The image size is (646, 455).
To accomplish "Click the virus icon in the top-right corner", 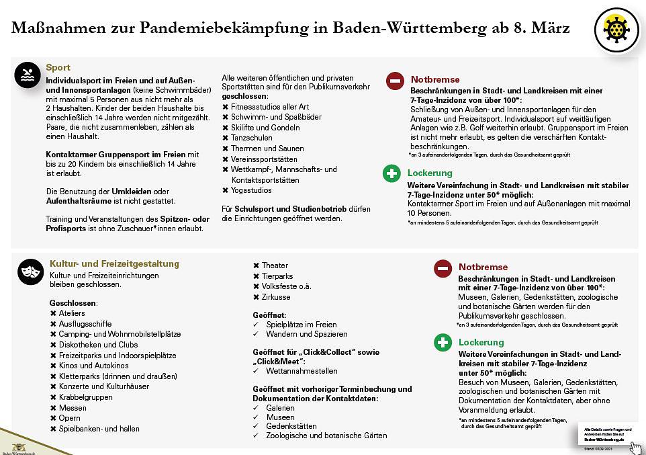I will pyautogui.click(x=616, y=29).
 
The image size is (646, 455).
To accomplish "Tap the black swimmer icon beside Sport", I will pyautogui.click(x=28, y=75).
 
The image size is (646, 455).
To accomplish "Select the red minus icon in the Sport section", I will pyautogui.click(x=394, y=81).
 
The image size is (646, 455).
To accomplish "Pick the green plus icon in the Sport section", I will pyautogui.click(x=391, y=174).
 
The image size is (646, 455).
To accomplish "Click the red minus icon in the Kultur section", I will pyautogui.click(x=443, y=269).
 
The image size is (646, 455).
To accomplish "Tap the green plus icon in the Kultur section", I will pyautogui.click(x=443, y=343).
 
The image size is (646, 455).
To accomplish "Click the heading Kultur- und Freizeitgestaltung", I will pyautogui.click(x=114, y=264).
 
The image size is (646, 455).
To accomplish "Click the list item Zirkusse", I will pyautogui.click(x=276, y=297).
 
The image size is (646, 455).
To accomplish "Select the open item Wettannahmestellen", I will pyautogui.click(x=302, y=371).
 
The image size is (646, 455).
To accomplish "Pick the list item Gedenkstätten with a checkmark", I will pyautogui.click(x=291, y=425).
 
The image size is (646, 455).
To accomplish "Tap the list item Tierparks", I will pyautogui.click(x=277, y=276).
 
